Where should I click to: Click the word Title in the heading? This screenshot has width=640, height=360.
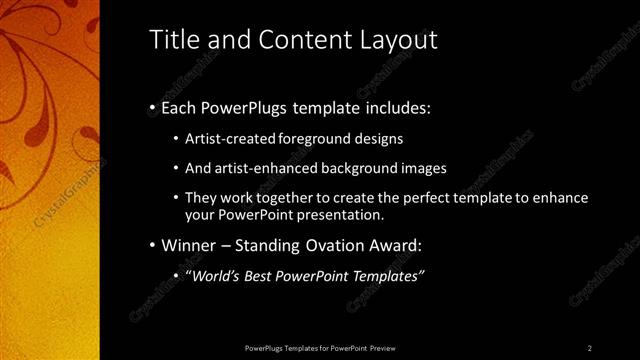[172, 39]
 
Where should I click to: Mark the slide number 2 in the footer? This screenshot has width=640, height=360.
[590, 347]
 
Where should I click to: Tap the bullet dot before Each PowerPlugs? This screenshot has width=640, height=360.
[151, 107]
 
